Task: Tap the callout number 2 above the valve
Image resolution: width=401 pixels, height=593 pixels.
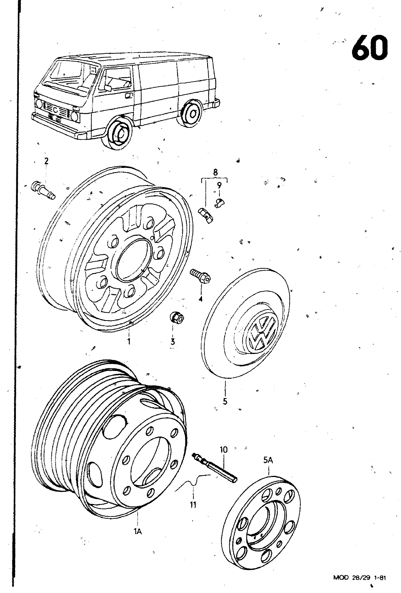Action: pos(46,161)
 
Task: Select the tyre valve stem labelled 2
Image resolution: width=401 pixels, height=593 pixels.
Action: pos(43,190)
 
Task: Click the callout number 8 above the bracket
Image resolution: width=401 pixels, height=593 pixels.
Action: pos(215,172)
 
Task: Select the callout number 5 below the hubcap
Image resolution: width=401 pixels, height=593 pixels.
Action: pos(225,401)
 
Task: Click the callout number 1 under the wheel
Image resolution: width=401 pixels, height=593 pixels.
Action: pos(129,342)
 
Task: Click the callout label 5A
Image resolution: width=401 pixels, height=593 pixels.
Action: pos(268,461)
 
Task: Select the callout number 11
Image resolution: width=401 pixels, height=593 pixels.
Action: pos(193,504)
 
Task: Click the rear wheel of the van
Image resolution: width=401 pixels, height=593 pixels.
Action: pos(192,113)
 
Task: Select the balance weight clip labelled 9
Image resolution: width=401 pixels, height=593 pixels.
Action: pos(219,202)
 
